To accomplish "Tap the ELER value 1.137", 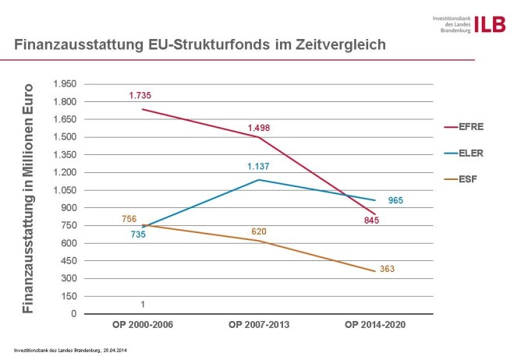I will point(259,166).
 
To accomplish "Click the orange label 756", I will point(129,221).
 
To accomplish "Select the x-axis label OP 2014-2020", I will point(377,323).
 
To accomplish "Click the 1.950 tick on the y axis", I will point(66,83).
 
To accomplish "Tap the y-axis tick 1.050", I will point(66,190).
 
